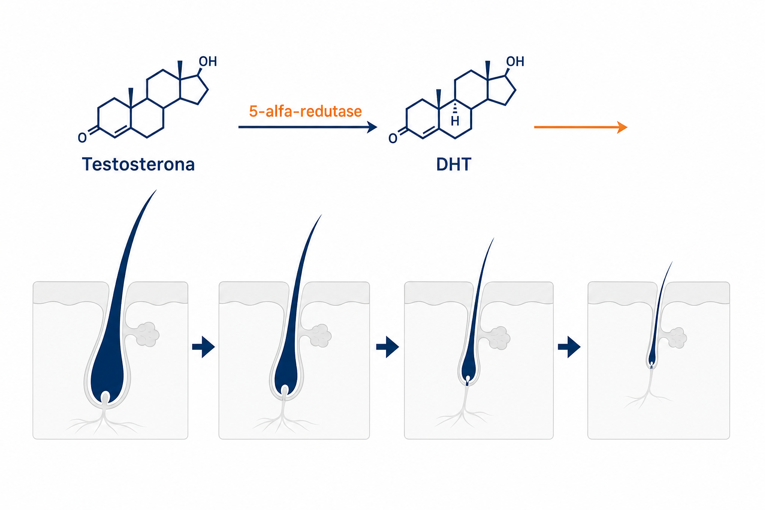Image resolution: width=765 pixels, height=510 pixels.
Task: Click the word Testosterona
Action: [x=138, y=164]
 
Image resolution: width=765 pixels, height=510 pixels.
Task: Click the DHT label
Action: [x=454, y=164]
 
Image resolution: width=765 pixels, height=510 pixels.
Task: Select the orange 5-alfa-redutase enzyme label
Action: [x=305, y=112]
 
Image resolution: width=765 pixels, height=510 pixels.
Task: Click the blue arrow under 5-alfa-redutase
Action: [x=308, y=127]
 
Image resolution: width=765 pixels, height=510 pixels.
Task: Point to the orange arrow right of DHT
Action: [x=581, y=127]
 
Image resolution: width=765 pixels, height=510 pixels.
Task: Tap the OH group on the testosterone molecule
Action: [x=208, y=61]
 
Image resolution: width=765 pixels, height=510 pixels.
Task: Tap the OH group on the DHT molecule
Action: [x=515, y=61]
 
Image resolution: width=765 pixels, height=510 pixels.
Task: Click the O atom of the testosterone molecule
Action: [x=82, y=137]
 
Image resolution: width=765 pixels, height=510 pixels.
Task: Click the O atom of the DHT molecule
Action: [x=393, y=138]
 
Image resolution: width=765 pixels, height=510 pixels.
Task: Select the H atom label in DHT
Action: [x=455, y=121]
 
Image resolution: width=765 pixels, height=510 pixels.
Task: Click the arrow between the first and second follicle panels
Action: [x=204, y=347]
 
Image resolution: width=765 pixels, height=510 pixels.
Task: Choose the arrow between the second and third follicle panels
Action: [x=387, y=347]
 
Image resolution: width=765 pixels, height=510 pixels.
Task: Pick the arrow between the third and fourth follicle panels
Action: [x=569, y=347]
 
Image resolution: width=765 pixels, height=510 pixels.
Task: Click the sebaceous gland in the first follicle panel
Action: [x=147, y=334]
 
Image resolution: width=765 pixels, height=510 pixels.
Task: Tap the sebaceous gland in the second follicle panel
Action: [x=320, y=336]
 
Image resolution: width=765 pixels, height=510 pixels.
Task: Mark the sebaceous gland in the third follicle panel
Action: [x=500, y=338]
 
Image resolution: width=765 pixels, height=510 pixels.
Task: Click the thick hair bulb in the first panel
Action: [x=107, y=376]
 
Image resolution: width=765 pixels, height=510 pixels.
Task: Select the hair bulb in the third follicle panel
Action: [x=468, y=370]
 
